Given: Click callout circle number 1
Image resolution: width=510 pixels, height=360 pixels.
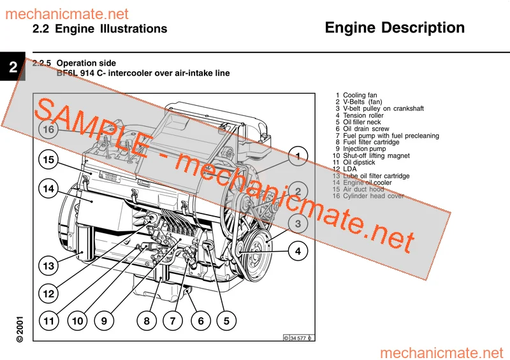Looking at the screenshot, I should click(x=298, y=156).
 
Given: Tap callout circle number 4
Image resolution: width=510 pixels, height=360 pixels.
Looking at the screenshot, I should click(x=298, y=251).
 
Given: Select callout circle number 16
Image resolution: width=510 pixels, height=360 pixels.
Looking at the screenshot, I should click(x=49, y=129).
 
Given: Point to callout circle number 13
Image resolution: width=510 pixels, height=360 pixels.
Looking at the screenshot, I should click(x=49, y=264).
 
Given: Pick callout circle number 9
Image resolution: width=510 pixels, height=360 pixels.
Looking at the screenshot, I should click(x=105, y=321).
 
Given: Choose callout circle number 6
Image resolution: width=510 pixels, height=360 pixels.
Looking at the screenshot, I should click(x=201, y=321).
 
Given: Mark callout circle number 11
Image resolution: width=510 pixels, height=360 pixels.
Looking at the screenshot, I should click(x=49, y=321).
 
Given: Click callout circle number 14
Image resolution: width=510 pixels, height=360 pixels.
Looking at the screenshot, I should click(x=49, y=189).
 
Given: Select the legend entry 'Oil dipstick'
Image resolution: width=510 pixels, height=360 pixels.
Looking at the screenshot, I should click(x=360, y=162).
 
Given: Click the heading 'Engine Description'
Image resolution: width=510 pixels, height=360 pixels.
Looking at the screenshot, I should click(x=395, y=28).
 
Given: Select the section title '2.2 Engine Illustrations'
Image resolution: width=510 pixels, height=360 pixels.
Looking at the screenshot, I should click(x=99, y=29).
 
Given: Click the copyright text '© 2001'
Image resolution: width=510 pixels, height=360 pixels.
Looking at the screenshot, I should click(x=20, y=329).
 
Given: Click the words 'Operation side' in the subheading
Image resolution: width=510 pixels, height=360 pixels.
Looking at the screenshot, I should click(x=87, y=63).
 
